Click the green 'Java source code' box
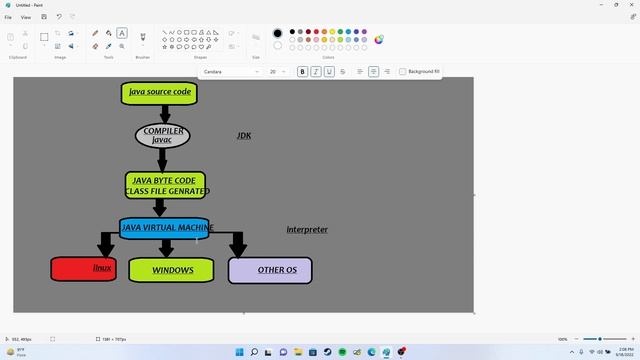coord(159,92)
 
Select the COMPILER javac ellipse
coord(162,135)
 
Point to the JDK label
coord(244,135)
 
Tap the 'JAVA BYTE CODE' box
coord(165,185)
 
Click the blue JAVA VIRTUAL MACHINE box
coord(165,228)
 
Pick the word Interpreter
coord(307,230)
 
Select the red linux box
coord(83,269)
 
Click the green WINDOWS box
coord(171,270)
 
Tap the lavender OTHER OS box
coord(270,270)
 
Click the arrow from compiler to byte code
coord(162,159)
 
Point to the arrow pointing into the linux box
coord(106,244)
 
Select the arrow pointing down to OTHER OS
coord(238,244)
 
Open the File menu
coord(8,17)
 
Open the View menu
coord(26,17)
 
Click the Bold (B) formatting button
coord(303,72)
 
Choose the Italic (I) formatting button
coord(316,72)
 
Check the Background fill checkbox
coord(403,72)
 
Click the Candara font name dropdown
coord(230,72)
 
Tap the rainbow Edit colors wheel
coord(379,40)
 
